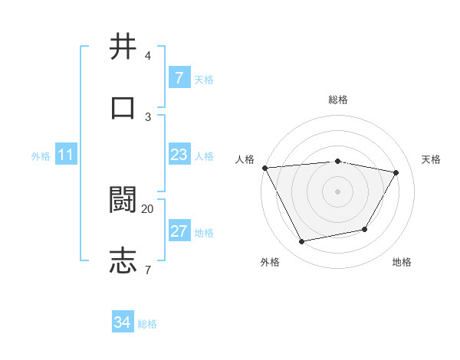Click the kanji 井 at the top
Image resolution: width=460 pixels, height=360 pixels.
(x=123, y=47)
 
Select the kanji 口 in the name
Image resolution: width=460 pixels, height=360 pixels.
(x=123, y=106)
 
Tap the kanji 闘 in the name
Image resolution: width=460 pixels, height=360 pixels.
(x=123, y=199)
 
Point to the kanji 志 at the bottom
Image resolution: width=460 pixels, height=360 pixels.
(x=123, y=260)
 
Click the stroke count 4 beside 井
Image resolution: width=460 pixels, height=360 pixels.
(x=148, y=56)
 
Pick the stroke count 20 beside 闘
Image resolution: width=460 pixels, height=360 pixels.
(x=148, y=208)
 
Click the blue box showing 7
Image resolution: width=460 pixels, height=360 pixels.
(x=179, y=78)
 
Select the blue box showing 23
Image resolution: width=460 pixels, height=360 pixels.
(x=179, y=155)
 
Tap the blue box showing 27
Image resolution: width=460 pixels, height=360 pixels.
(x=179, y=231)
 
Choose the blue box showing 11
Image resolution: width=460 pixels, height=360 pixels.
(x=65, y=155)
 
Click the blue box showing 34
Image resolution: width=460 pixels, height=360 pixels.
(x=122, y=322)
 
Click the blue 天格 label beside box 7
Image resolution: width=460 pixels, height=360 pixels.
(x=204, y=80)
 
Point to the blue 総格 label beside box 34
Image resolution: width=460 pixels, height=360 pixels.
(x=147, y=324)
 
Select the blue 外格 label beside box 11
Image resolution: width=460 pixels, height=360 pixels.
(x=41, y=156)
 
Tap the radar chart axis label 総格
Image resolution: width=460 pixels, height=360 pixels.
(x=338, y=100)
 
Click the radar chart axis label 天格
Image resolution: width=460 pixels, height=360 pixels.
(x=432, y=159)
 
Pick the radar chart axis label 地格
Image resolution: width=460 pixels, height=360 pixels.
(x=402, y=262)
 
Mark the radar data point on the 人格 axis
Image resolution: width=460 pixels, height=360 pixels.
(x=264, y=168)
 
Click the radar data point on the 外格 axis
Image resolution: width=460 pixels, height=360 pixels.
(x=302, y=242)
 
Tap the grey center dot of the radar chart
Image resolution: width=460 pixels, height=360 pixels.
(x=338, y=191)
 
